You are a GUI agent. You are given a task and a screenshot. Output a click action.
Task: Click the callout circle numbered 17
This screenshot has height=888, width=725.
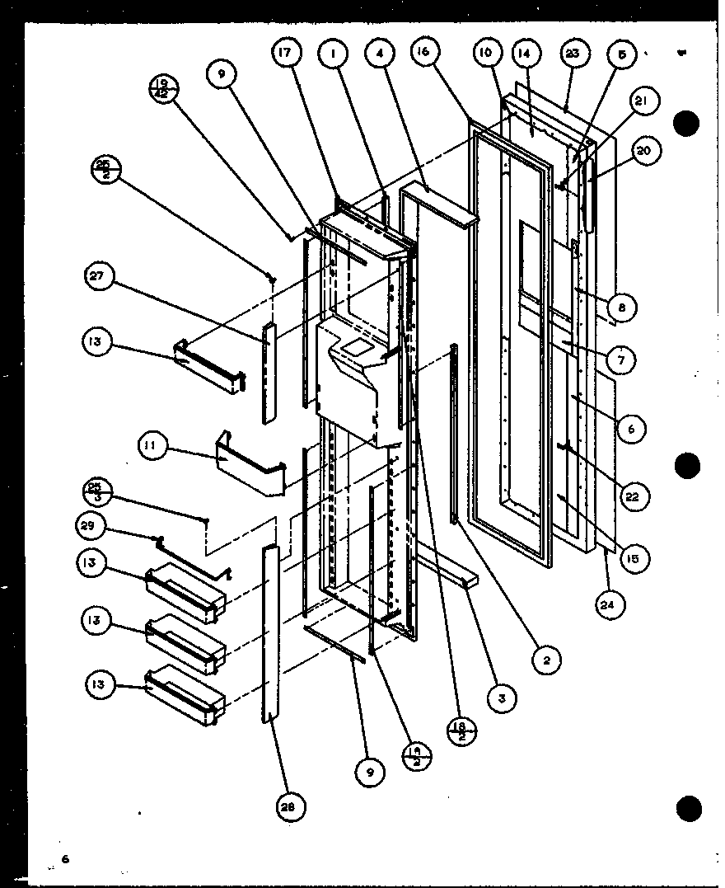287,54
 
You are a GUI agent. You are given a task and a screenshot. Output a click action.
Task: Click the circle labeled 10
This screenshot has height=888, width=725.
486,54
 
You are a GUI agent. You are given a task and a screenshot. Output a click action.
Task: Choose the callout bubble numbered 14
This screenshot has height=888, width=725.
524,54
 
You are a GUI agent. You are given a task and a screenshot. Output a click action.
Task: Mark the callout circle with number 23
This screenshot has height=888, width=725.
573,54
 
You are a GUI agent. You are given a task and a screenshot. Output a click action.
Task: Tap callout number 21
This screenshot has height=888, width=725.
643,101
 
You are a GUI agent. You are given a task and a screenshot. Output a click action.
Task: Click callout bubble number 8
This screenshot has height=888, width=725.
622,308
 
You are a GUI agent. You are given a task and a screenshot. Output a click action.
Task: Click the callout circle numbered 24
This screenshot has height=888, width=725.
611,605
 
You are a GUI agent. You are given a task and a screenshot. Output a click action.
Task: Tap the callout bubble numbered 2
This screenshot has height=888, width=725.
546,659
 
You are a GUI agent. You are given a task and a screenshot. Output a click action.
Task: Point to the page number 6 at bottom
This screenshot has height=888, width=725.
65,860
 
